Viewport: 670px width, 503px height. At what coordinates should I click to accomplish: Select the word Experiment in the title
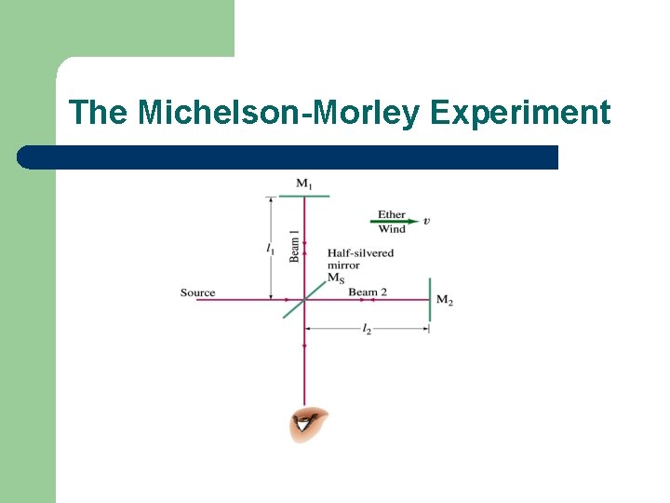[520, 113]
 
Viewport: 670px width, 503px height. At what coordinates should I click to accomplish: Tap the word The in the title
[101, 113]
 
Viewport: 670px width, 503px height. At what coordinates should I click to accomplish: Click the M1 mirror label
[304, 184]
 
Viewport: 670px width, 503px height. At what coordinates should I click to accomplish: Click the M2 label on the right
[445, 300]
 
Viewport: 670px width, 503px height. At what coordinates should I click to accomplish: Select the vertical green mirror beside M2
[430, 299]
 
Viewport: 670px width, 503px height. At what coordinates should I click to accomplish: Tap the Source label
[197, 292]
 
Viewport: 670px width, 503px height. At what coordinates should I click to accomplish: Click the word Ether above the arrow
[392, 214]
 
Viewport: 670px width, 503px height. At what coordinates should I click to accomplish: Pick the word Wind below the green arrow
[392, 229]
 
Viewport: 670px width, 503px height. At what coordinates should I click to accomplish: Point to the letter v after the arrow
[426, 222]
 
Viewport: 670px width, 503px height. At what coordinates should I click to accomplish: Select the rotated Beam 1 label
[295, 244]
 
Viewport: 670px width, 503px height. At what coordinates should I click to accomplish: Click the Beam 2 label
[368, 292]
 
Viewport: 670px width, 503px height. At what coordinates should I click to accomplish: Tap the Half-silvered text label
[360, 252]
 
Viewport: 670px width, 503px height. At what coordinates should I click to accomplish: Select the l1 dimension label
[270, 248]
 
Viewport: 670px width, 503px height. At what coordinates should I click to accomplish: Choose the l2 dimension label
[367, 330]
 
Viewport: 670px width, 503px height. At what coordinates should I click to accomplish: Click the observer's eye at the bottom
[308, 426]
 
